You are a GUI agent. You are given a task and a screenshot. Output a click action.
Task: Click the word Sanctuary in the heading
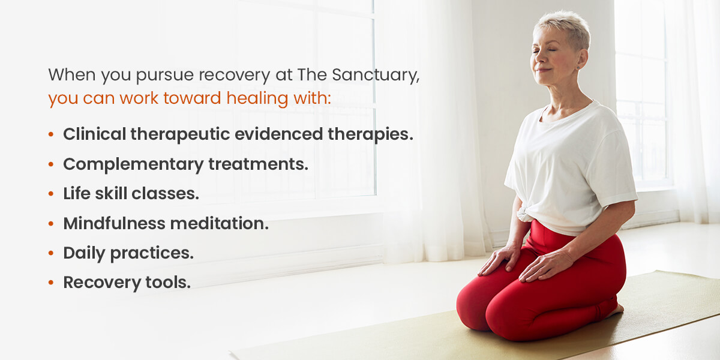tap(376, 75)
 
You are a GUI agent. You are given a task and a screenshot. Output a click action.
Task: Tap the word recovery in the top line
tap(235, 76)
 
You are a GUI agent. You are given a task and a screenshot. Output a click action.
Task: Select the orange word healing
tap(257, 98)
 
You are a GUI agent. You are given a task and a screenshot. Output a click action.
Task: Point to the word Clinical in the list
tap(95, 134)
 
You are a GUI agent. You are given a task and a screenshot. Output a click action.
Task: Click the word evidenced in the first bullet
tap(278, 134)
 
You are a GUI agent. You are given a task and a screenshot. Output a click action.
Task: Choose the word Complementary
tap(133, 164)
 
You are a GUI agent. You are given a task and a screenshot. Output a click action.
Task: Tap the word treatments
tap(259, 164)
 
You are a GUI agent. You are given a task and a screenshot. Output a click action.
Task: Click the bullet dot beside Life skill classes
tap(51, 193)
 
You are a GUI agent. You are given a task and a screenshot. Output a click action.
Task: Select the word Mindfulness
tap(114, 223)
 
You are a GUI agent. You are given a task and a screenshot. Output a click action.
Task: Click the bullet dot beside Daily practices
tap(51, 253)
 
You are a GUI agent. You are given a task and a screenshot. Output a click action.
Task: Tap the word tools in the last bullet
tap(168, 282)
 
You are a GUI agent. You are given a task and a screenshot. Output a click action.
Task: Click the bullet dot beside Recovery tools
tap(51, 283)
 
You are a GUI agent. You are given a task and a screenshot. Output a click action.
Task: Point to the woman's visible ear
tap(581, 59)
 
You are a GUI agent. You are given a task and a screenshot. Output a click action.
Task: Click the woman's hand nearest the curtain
tap(499, 259)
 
